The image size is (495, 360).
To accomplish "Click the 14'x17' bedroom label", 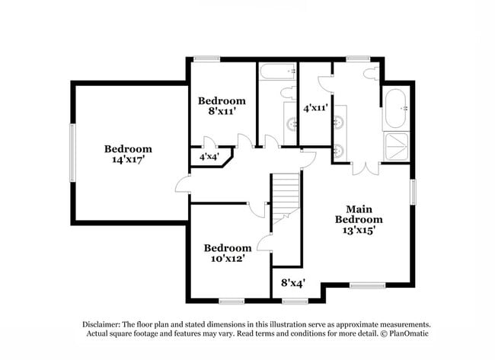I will point(128,155).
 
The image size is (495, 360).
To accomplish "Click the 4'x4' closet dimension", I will point(209,157).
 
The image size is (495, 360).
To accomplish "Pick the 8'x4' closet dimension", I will point(293,283).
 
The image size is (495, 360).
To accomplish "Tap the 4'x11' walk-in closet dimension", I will point(315,108).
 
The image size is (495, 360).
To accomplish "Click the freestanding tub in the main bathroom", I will point(397,108).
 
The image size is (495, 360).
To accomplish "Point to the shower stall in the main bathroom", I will point(397,147).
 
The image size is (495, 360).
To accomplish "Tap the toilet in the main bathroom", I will point(371,74).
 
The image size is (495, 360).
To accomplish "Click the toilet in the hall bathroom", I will point(289,94).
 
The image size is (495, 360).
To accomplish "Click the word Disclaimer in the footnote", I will point(105,323).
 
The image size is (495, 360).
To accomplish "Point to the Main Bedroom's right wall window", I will point(414,191).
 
